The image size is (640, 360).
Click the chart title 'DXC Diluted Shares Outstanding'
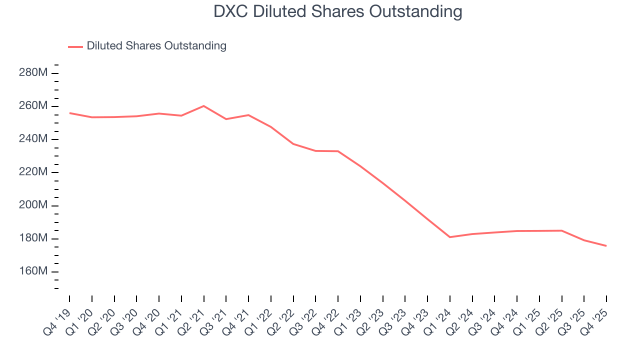point(337,11)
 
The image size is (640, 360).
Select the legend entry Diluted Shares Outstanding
point(156,46)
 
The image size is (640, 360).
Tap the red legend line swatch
point(75,46)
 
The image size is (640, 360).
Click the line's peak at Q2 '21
point(203,106)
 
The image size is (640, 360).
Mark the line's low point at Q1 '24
point(450,237)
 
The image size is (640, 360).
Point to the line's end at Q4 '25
point(606,246)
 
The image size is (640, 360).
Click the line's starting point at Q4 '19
point(69,113)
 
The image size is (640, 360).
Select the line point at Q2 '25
point(562,230)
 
